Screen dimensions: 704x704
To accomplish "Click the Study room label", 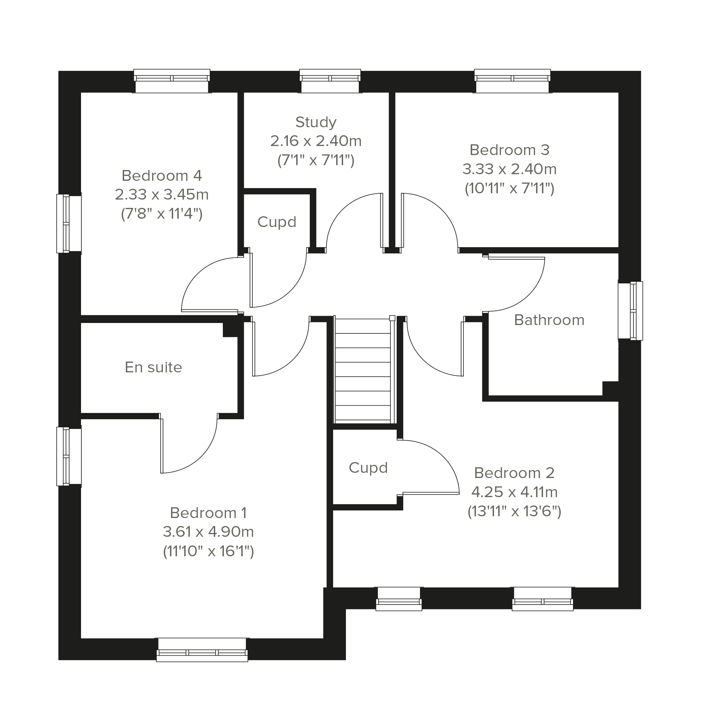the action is (x=316, y=122).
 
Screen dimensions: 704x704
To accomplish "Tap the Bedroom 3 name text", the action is (x=509, y=150).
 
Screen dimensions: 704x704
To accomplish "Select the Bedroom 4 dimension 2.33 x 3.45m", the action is (x=162, y=195).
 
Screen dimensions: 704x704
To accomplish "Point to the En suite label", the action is (x=153, y=367).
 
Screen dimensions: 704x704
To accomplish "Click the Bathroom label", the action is (x=549, y=320).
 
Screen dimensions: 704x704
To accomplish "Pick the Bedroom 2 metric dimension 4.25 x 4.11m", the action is (x=515, y=492).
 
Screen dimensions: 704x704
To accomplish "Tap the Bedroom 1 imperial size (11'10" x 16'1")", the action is (x=209, y=551).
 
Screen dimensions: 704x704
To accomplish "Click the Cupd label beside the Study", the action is (x=277, y=222).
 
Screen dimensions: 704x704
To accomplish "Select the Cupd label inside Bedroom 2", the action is (x=368, y=468).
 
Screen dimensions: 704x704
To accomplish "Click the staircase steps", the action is (x=363, y=370).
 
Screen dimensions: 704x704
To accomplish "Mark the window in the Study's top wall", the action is (x=330, y=81).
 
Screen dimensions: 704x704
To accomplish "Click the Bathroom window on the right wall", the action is (x=630, y=310).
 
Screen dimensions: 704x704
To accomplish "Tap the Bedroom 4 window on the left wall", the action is (x=69, y=224).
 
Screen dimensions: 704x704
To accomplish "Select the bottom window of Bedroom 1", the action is (x=202, y=650).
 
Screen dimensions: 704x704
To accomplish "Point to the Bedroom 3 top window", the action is (x=512, y=81).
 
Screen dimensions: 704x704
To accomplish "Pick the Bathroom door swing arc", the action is (x=528, y=296).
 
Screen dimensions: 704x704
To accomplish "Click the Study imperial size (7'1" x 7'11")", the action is (x=316, y=160).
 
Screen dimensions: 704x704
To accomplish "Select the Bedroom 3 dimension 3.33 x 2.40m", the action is (x=509, y=169).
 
